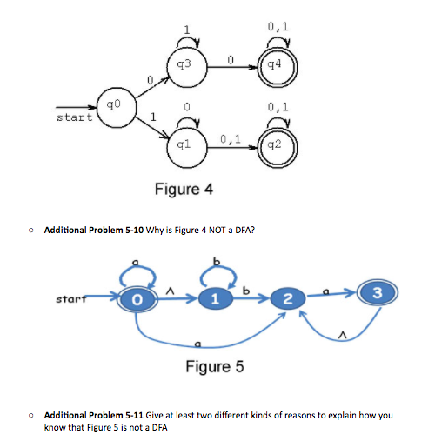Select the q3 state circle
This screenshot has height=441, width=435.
(x=184, y=66)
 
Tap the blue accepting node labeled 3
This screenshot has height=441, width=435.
(x=374, y=291)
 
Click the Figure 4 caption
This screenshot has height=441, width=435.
(x=184, y=189)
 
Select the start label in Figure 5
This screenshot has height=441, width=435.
(x=70, y=299)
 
